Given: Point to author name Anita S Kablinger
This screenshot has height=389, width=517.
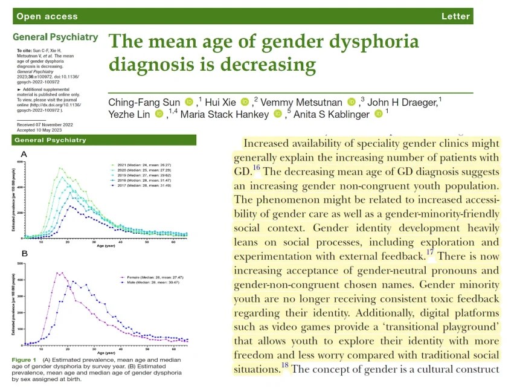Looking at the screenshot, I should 331,113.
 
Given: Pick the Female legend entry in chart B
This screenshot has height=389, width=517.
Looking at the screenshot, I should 144,276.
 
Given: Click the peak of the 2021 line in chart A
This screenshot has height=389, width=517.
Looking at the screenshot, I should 60,168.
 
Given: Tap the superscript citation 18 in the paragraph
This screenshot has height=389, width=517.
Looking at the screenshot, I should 285,365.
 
